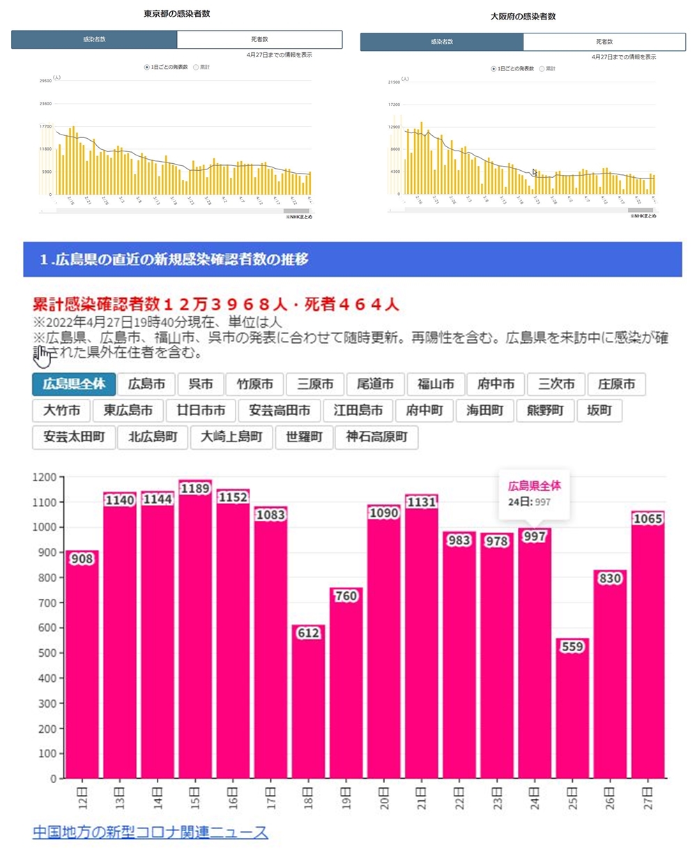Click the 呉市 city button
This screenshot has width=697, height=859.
(x=201, y=384)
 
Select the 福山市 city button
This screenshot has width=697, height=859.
(x=436, y=384)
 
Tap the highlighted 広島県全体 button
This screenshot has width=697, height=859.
(x=73, y=384)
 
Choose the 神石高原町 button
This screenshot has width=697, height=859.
(x=376, y=437)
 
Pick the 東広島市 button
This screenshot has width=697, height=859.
(x=128, y=411)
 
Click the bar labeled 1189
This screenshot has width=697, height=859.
(x=194, y=628)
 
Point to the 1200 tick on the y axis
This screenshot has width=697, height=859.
(x=45, y=478)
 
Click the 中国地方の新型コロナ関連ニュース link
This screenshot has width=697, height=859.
(x=150, y=833)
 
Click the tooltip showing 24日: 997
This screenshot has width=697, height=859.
(x=534, y=494)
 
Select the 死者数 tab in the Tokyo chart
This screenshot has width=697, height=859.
(x=259, y=40)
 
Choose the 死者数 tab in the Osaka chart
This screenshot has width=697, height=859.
(x=604, y=42)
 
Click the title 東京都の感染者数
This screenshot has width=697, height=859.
(x=176, y=13)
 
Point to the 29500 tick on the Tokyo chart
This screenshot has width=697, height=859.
(x=45, y=81)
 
